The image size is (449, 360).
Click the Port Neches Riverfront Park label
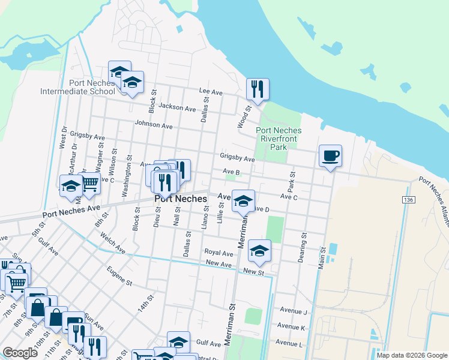tap(279, 137)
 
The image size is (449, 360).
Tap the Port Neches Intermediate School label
tap(77, 87)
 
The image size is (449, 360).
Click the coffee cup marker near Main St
tap(330, 156)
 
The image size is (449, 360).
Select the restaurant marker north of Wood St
tap(258, 90)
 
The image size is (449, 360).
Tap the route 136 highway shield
tap(409, 199)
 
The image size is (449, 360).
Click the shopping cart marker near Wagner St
tap(90, 182)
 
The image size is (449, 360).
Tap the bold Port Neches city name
tap(181, 199)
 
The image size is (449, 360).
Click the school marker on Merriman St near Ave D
tap(243, 202)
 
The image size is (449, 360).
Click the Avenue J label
tap(294, 311)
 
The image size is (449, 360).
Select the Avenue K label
tap(291, 327)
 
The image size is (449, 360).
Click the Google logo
tap(20, 353)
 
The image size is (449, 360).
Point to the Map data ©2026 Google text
tap(412, 355)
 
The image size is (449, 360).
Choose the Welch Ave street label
tap(113, 243)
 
